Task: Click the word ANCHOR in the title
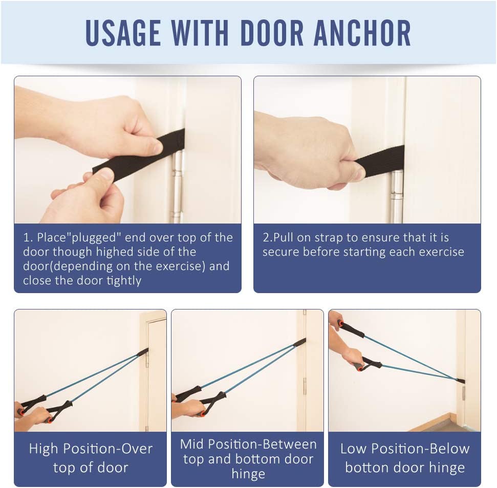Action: [x=362, y=33]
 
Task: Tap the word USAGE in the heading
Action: [x=123, y=33]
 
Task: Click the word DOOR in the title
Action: [x=272, y=33]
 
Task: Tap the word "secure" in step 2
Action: [x=280, y=252]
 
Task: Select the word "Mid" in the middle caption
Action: [x=190, y=444]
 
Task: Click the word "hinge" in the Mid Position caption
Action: [x=248, y=474]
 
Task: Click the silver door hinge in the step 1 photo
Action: [x=178, y=186]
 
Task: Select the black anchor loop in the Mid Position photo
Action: [x=299, y=343]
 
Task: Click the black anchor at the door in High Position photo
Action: [x=143, y=352]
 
